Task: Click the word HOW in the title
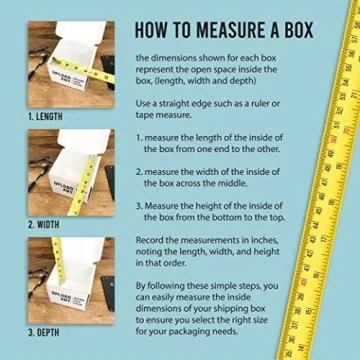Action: tap(153, 27)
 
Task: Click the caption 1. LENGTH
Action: tap(45, 116)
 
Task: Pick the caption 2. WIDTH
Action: tap(43, 223)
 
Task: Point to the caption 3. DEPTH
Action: tap(44, 331)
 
